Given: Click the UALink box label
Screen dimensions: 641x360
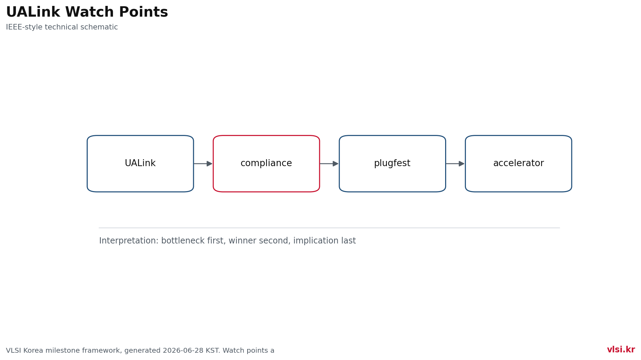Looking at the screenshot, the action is pyautogui.click(x=140, y=163).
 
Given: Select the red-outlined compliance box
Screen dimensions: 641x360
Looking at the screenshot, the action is pyautogui.click(x=266, y=164).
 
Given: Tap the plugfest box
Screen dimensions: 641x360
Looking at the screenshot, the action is pyautogui.click(x=392, y=164).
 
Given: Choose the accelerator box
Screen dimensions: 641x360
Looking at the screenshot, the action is pyautogui.click(x=518, y=164).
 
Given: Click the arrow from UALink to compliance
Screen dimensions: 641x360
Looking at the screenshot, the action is pyautogui.click(x=203, y=164).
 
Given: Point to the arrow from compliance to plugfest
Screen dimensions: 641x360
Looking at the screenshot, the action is pyautogui.click(x=329, y=164).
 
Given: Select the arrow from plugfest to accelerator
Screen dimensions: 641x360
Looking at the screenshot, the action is pyautogui.click(x=455, y=164).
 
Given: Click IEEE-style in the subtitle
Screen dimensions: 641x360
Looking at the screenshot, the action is pyautogui.click(x=24, y=27).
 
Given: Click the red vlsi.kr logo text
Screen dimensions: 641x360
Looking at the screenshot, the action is pyautogui.click(x=621, y=350).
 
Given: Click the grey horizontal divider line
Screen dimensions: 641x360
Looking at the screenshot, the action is pyautogui.click(x=329, y=228).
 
